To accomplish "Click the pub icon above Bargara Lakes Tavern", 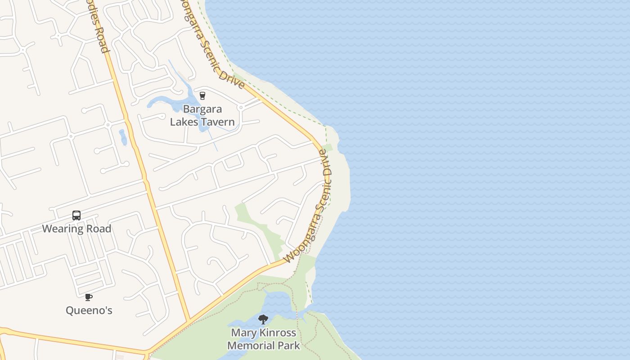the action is coord(202,95).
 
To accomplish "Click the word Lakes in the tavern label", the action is coord(184,122).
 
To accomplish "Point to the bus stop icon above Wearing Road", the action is coord(76,216).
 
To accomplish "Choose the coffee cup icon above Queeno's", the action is coord(89,297).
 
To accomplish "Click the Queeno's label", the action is coord(89,310).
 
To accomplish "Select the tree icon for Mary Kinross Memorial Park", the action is coord(263,319).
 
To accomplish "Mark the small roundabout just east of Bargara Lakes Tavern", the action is coord(241,108).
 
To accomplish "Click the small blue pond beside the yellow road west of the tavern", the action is coord(123,137).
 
